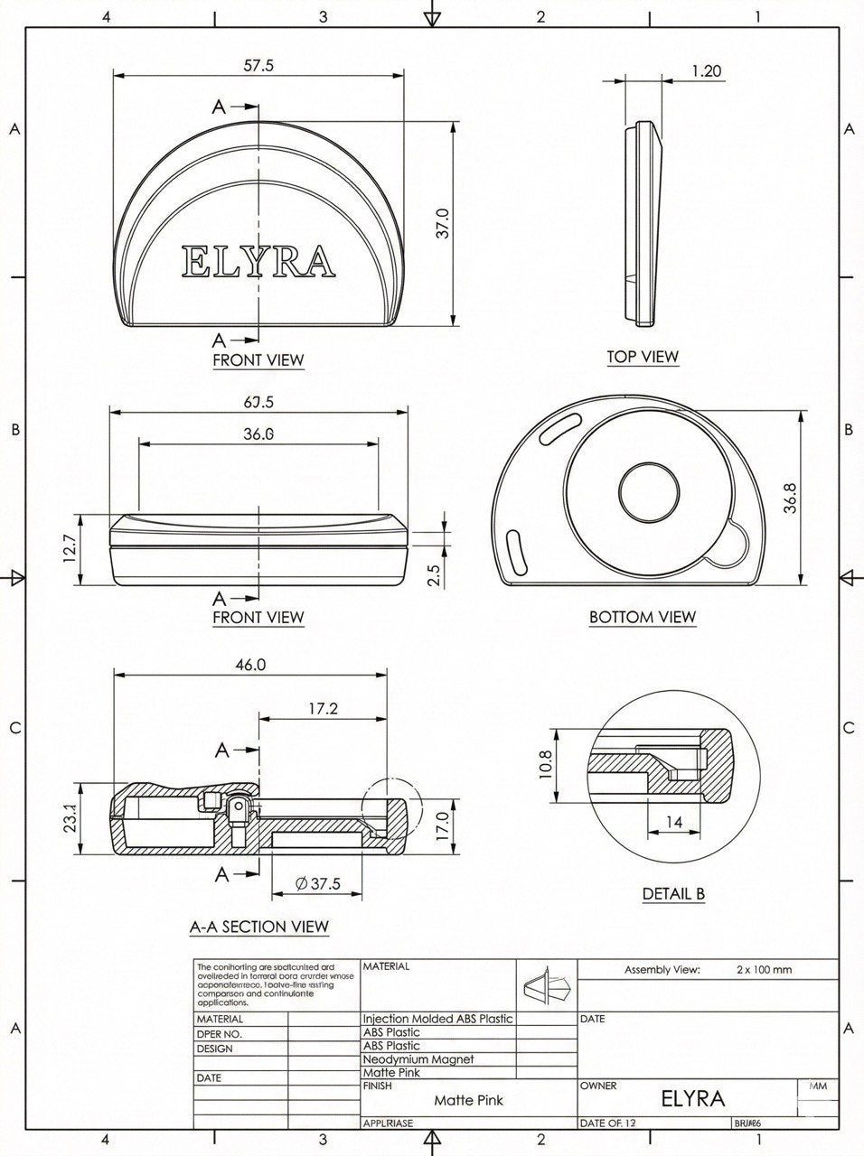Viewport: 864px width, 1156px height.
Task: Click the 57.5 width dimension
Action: [x=258, y=65]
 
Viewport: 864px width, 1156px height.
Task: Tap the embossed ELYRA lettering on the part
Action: [x=258, y=261]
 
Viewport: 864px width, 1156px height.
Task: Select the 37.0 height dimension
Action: [x=442, y=225]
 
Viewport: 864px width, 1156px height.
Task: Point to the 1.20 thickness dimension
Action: [x=706, y=70]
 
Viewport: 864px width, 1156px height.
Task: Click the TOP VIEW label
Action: [x=642, y=357]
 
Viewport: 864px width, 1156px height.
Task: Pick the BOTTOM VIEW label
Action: [x=642, y=617]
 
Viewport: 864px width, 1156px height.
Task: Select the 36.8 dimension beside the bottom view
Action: [x=791, y=499]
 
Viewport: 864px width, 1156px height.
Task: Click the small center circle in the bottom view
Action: [x=649, y=492]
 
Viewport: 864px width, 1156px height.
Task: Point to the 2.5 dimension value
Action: [x=433, y=575]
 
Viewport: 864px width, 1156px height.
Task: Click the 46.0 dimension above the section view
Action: [x=250, y=665]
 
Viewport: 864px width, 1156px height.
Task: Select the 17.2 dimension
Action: [x=322, y=709]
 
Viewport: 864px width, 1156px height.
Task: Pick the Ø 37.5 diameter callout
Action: [x=317, y=884]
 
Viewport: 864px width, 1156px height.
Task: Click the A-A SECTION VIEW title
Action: [x=258, y=927]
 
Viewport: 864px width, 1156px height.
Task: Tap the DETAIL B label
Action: [x=673, y=894]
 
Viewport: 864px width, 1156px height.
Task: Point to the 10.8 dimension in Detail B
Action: [x=543, y=765]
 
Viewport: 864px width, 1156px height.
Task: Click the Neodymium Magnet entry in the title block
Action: [x=418, y=1058]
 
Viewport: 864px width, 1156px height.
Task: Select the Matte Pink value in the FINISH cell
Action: [x=468, y=1100]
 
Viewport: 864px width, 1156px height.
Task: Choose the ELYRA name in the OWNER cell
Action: [x=692, y=1098]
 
